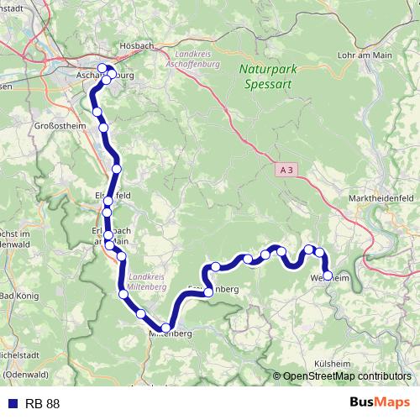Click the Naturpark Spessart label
tap(265, 77)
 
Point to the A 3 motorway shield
tap(287, 170)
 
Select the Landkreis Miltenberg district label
tap(148, 281)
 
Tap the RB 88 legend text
tap(42, 404)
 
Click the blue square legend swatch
tap(11, 404)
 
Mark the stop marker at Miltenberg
tap(166, 328)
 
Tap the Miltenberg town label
tap(171, 334)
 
